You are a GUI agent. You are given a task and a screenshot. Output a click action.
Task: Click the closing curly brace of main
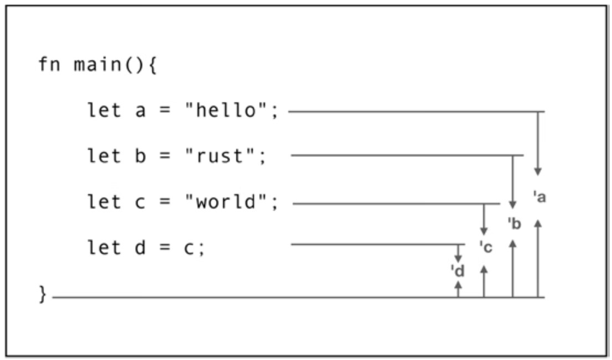coord(43,294)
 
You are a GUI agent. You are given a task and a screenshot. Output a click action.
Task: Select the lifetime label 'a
coord(540,197)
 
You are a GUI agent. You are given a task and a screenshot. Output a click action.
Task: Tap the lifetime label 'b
coord(515,224)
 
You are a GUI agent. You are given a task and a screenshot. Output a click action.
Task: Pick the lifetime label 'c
coord(485,247)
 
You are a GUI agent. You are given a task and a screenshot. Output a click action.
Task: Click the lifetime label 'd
coord(458,271)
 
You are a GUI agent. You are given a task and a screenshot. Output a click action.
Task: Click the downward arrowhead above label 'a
coord(538,172)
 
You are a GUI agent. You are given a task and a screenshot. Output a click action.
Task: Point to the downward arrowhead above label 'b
coord(512,205)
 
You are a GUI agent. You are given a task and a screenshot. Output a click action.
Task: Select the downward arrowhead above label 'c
coord(484,231)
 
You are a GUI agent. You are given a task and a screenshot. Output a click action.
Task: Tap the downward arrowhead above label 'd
coord(458,258)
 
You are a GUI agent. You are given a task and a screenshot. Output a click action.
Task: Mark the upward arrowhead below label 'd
coord(458,285)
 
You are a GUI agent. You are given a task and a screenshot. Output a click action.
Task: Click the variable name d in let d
coord(141,248)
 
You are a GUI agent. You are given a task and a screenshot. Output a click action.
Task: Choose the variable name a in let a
coord(141,111)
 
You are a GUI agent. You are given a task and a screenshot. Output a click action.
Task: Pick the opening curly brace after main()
coord(153,65)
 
